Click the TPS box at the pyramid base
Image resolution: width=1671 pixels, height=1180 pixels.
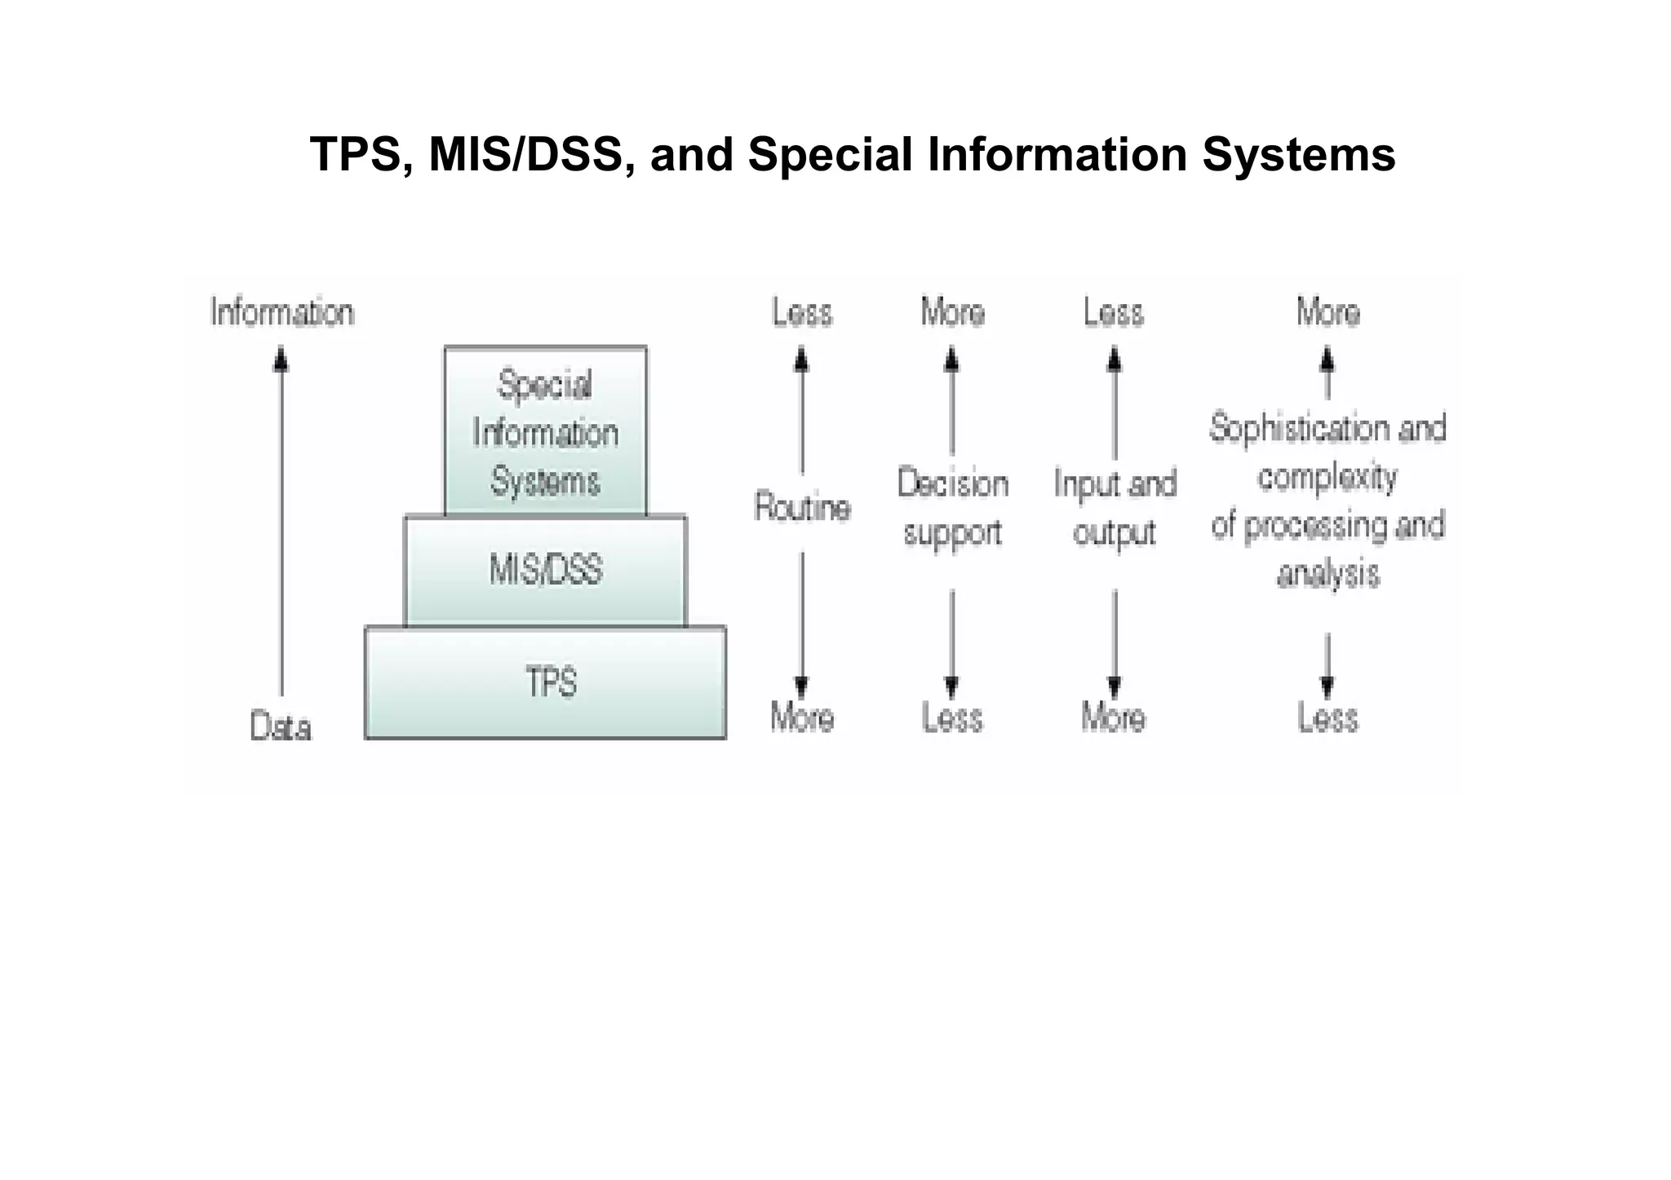click(545, 683)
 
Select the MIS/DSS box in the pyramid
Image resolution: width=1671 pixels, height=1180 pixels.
click(545, 570)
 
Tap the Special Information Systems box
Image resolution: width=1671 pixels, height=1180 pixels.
click(545, 432)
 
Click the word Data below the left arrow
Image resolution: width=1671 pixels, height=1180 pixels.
click(281, 727)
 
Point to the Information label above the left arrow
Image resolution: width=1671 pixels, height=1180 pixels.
click(282, 312)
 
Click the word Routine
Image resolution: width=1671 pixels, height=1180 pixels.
click(803, 507)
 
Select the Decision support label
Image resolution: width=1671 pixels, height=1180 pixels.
click(953, 508)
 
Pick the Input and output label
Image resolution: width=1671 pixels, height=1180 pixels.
click(1115, 508)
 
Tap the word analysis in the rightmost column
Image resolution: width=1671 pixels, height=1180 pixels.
click(1328, 573)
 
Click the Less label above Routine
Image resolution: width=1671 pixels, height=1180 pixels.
click(803, 312)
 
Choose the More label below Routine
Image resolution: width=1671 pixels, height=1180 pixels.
click(803, 718)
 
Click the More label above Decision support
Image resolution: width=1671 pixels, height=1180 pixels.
click(953, 312)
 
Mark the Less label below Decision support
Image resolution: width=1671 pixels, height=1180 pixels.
click(952, 718)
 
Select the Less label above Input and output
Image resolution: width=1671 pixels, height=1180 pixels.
click(1114, 312)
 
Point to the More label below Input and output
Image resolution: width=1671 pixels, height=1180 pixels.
click(1114, 718)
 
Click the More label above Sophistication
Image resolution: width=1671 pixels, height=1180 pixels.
click(1328, 312)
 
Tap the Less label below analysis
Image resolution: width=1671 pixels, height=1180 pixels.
click(1328, 718)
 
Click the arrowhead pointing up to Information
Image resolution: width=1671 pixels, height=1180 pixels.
click(281, 359)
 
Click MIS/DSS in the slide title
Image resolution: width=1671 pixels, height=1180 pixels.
click(526, 154)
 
